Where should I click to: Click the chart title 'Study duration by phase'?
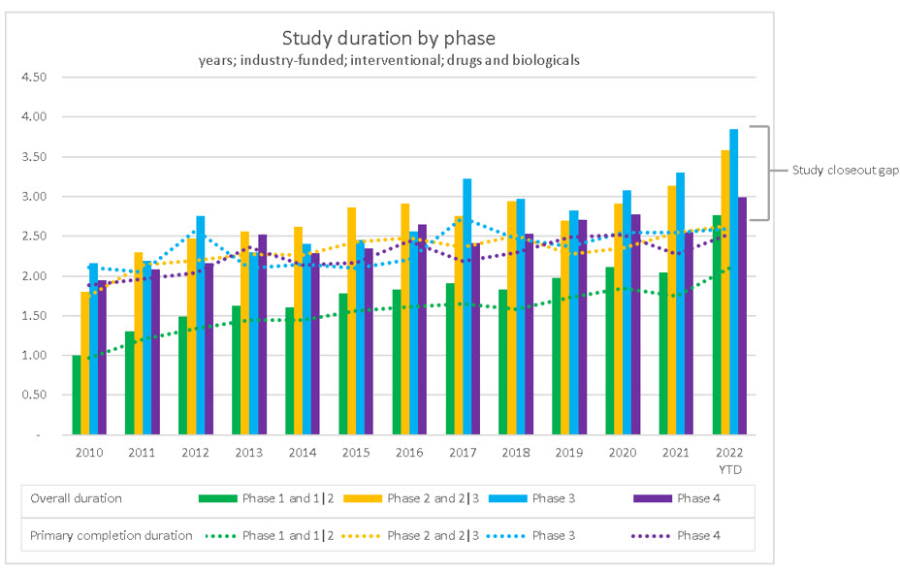tap(388, 39)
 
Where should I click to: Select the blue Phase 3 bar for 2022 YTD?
tap(734, 281)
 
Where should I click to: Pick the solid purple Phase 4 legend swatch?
tap(652, 498)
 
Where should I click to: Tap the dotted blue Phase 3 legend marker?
tap(506, 535)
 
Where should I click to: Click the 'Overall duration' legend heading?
tap(77, 498)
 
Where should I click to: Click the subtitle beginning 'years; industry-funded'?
tap(388, 60)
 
